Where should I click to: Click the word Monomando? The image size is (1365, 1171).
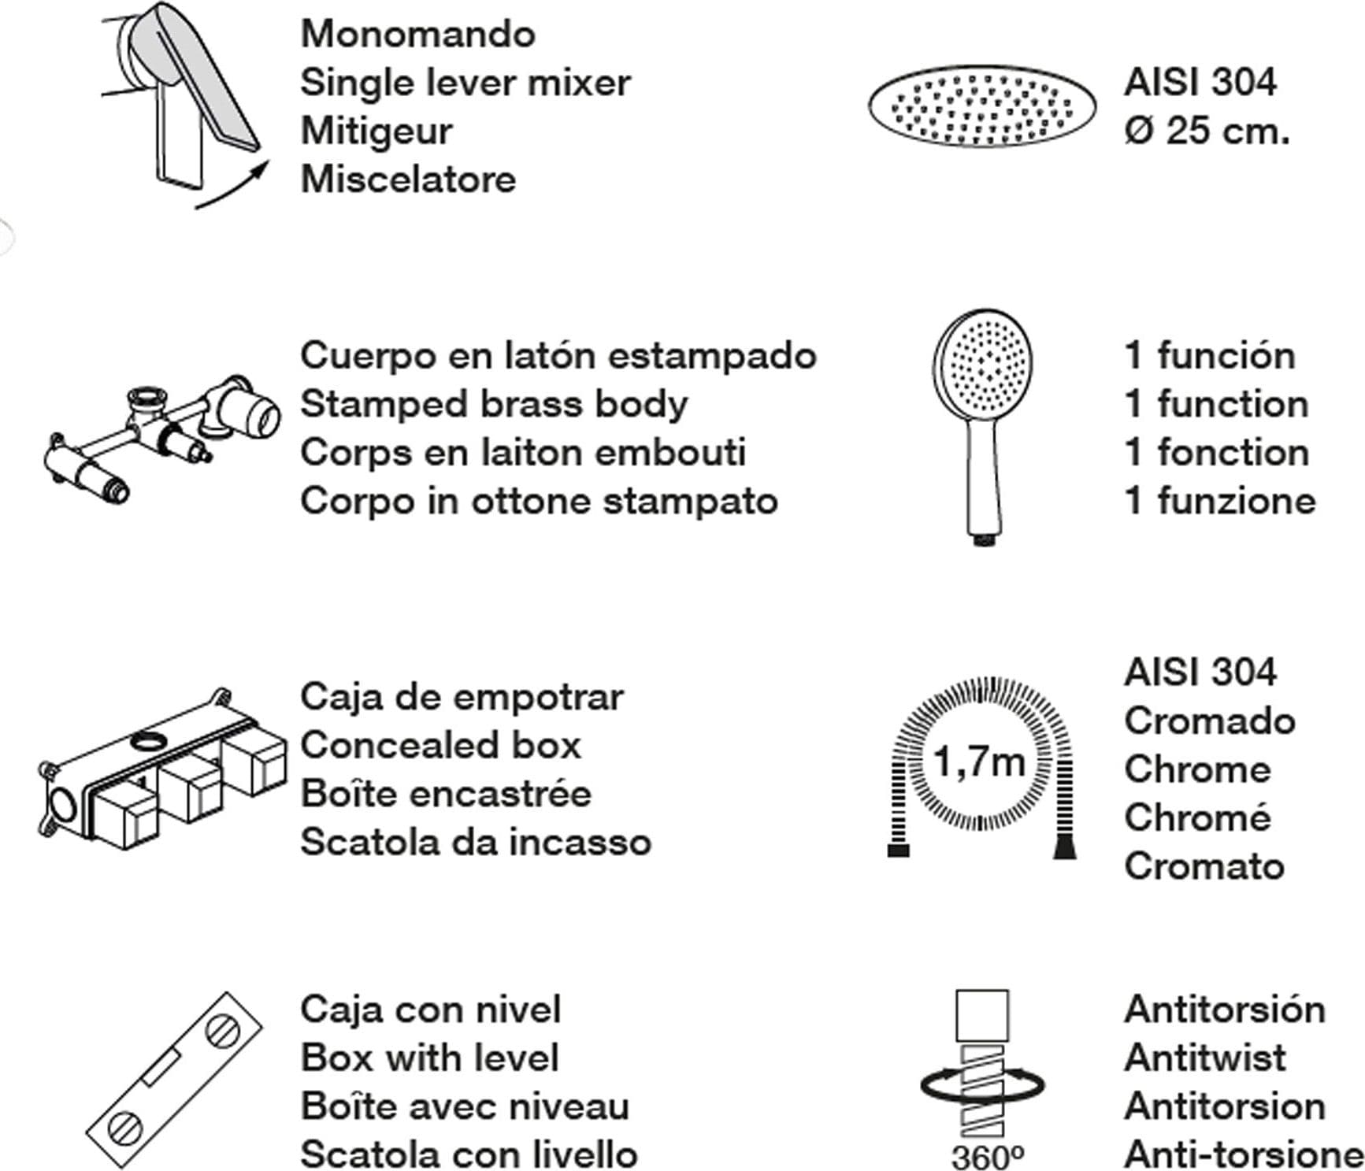coord(417,34)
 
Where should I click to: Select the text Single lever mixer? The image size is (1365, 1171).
coord(466,83)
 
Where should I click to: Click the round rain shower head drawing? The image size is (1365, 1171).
coord(982,106)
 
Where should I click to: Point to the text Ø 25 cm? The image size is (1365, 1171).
coord(1207,131)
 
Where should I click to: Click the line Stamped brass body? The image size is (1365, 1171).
coord(494,404)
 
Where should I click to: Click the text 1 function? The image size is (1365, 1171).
coord(1217,404)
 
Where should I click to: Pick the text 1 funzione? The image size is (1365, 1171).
coord(1220,501)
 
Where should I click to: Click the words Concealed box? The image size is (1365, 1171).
coord(440,745)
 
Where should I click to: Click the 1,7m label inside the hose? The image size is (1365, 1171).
coord(979,762)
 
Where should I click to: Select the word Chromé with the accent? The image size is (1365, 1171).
coord(1197,817)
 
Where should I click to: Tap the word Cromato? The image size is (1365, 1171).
coord(1204,866)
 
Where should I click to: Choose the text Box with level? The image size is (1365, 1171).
coord(430,1058)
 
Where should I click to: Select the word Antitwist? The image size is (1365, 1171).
coord(1205,1058)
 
